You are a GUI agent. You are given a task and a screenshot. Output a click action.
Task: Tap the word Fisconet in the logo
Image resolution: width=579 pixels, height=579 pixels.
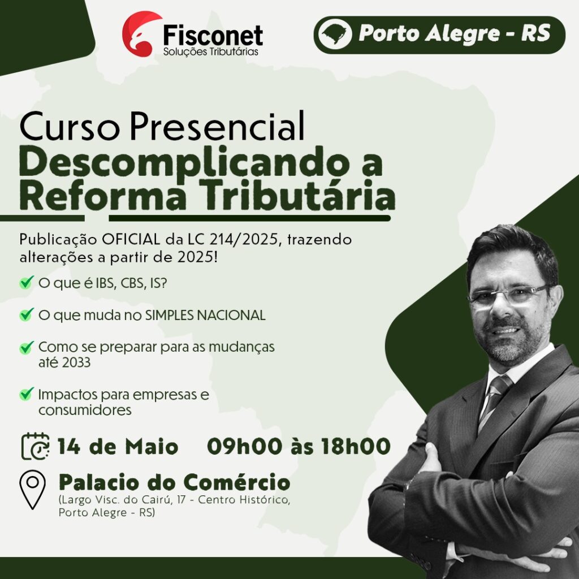213,36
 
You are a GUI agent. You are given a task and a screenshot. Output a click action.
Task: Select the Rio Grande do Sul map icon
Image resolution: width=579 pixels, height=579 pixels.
335,34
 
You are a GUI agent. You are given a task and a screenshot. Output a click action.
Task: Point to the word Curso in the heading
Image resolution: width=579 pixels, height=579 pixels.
70,126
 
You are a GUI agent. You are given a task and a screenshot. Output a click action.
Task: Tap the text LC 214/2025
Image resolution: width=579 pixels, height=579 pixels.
232,239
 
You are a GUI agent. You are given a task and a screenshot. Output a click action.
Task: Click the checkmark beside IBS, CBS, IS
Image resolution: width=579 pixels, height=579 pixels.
27,283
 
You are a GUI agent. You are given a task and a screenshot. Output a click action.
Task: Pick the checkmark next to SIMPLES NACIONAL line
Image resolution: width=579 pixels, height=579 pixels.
27,314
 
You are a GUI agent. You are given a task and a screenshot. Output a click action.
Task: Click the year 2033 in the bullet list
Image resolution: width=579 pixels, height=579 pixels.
76,362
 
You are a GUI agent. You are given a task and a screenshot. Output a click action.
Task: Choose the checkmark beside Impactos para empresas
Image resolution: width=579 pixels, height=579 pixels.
27,394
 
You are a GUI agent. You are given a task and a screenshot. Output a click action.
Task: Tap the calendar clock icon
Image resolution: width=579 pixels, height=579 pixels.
35,446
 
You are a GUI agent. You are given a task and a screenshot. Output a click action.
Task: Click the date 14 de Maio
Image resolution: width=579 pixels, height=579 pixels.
118,446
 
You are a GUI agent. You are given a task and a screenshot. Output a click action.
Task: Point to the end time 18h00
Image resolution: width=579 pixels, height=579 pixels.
356,446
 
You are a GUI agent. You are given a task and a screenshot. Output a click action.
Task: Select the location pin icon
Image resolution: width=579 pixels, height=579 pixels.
32,490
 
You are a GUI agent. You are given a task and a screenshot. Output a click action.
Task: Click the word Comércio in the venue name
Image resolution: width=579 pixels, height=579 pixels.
237,482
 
